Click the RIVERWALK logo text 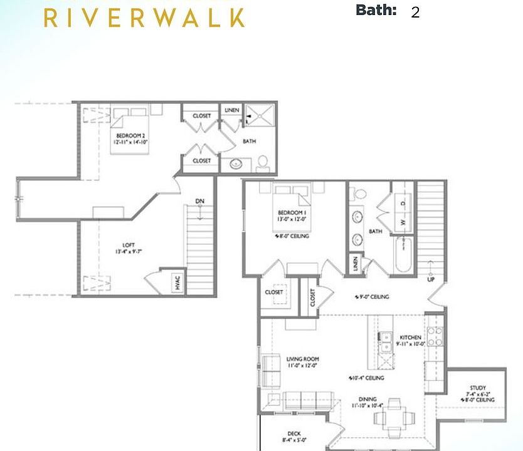[144, 17]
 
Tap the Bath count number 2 [415, 13]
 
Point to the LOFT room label [129, 245]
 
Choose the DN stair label [199, 201]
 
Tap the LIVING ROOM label [303, 359]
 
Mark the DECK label [294, 433]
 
